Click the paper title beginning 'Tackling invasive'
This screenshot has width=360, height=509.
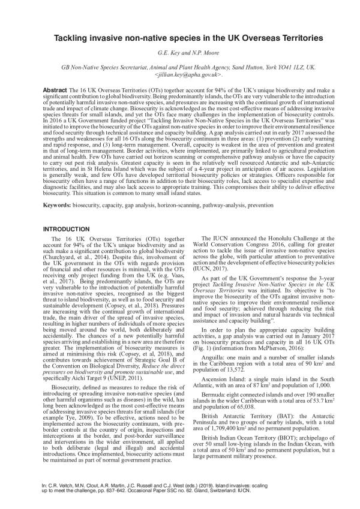coord(180,38)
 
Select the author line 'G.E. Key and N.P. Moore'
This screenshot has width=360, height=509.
coord(180,55)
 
